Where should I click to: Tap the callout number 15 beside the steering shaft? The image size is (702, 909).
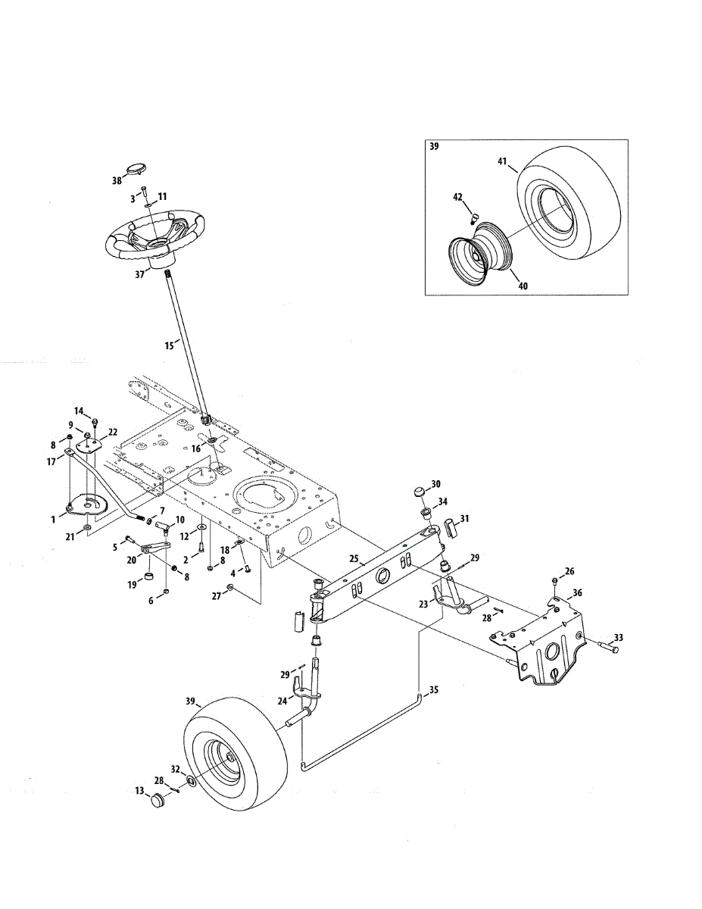(x=170, y=346)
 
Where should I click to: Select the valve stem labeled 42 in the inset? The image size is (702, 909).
(x=474, y=217)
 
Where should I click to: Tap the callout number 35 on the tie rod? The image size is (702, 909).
(x=434, y=689)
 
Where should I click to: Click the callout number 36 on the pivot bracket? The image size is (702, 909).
(x=577, y=593)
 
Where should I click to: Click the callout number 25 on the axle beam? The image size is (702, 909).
(x=354, y=559)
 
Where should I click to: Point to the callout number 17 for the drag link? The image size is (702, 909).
(x=51, y=462)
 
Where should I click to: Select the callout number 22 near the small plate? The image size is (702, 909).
(x=113, y=433)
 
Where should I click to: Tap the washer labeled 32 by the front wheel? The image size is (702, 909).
(x=191, y=780)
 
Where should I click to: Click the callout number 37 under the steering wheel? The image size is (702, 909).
(x=139, y=274)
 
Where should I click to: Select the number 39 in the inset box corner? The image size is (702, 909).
(x=435, y=147)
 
